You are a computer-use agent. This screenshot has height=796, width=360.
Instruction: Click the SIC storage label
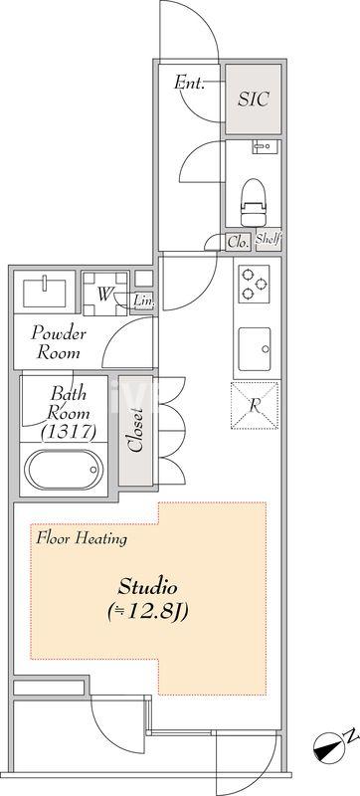tap(253, 99)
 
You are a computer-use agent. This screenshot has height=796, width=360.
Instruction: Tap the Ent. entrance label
tap(189, 83)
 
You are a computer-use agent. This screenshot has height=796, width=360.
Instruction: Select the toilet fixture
tap(253, 202)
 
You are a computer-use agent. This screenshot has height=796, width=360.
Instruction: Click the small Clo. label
tap(238, 242)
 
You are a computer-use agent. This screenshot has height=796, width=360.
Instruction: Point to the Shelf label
tap(269, 239)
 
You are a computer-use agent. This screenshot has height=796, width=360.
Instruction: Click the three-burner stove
tap(254, 285)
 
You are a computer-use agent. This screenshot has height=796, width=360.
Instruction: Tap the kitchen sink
tap(255, 349)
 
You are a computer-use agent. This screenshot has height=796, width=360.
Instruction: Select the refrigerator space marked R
tap(255, 406)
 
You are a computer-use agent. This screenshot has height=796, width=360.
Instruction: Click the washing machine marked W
tap(105, 294)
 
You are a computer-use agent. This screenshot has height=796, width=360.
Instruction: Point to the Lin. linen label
tap(143, 301)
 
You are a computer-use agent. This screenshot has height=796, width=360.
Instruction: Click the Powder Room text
tap(59, 343)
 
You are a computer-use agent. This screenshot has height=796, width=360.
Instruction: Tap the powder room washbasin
tap(45, 293)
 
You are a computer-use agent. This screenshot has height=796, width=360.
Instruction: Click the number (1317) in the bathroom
tap(69, 432)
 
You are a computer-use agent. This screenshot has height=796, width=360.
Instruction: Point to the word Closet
tap(135, 430)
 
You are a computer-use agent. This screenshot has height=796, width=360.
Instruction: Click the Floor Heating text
tap(82, 538)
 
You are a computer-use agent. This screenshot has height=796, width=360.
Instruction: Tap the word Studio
tap(147, 588)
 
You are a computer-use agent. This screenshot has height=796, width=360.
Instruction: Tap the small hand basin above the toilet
tap(264, 147)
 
